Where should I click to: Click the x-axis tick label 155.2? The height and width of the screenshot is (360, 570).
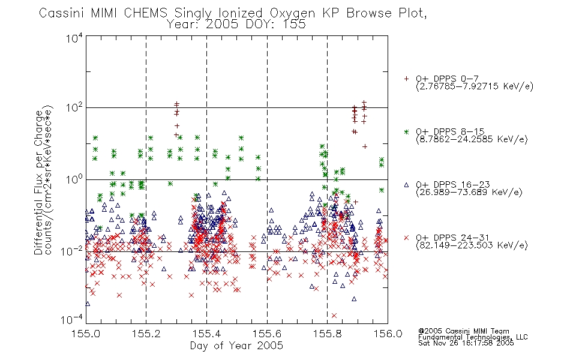coord(146,334)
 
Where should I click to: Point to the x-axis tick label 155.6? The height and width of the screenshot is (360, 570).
coord(267,334)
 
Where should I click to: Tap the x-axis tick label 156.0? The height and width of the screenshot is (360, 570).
coord(388,334)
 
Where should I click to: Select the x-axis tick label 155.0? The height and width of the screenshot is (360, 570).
coord(86,334)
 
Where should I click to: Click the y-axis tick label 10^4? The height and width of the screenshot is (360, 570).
coord(74,38)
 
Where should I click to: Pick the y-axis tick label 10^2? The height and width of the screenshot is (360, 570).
coord(74,108)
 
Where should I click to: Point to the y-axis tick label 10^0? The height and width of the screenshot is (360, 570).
coord(74,179)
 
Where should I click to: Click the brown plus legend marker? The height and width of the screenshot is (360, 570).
coord(406,79)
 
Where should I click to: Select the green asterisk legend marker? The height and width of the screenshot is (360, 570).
coord(406,131)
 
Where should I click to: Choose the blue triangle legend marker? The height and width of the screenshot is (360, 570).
coord(406,185)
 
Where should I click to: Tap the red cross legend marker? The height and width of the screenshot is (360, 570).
coord(406,238)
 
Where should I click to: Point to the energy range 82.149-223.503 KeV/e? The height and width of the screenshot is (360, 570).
coord(472,245)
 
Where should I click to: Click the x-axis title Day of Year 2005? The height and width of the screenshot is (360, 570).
coord(236,346)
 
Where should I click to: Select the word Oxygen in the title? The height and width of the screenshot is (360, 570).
coord(292,13)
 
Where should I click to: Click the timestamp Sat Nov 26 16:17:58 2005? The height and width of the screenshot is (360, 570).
coord(466,343)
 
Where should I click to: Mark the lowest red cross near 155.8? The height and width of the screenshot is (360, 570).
coord(334,315)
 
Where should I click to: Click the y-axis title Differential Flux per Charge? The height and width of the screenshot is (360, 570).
coord(38,182)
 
